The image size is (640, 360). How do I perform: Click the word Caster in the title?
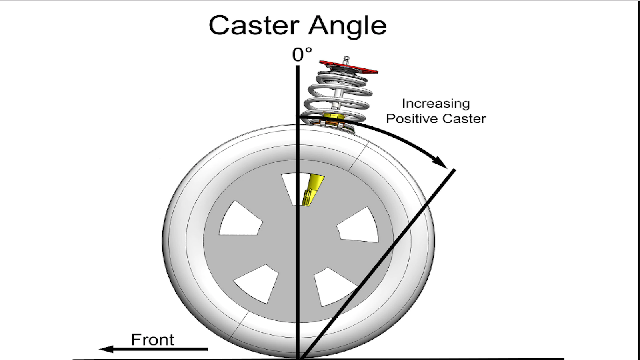(x=254, y=26)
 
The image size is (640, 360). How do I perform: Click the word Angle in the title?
(x=347, y=26)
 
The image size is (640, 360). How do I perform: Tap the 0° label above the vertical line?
(x=302, y=54)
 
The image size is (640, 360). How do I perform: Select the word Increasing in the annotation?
(x=436, y=104)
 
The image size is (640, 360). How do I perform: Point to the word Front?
(x=152, y=340)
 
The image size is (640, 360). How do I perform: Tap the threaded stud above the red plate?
(x=346, y=60)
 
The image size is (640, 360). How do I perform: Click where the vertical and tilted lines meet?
(x=299, y=357)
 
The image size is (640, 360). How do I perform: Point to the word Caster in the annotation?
(x=464, y=119)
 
